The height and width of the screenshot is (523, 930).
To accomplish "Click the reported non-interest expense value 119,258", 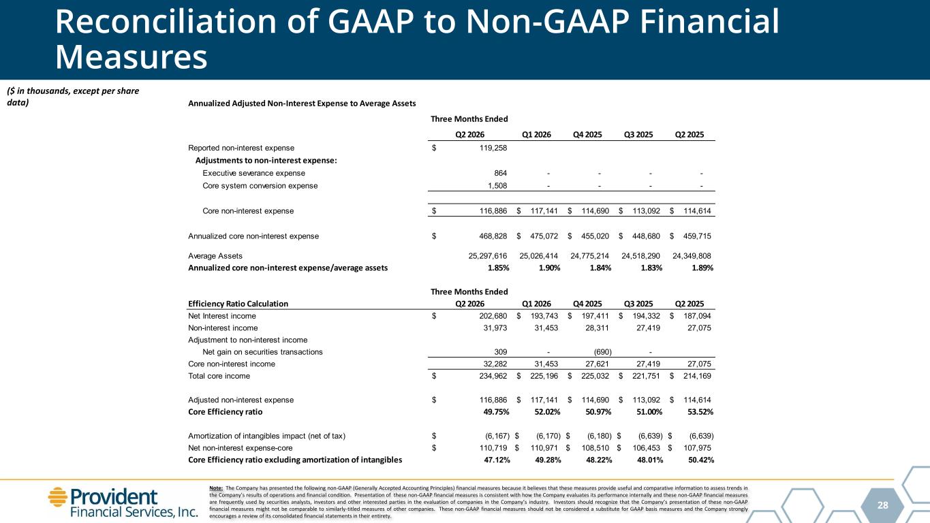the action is pyautogui.click(x=493, y=148).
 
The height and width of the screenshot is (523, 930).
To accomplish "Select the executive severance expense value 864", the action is pyautogui.click(x=500, y=173).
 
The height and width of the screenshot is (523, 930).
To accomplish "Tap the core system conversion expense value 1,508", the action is pyautogui.click(x=497, y=185).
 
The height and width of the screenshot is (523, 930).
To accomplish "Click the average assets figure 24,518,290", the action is pyautogui.click(x=640, y=255).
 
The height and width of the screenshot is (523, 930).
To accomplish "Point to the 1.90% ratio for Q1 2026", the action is pyautogui.click(x=549, y=268).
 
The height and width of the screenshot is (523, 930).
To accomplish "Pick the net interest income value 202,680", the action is pyautogui.click(x=493, y=316).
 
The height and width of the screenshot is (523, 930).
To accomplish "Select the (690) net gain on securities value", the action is pyautogui.click(x=603, y=352).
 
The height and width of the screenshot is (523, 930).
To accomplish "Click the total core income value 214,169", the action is pyautogui.click(x=697, y=376).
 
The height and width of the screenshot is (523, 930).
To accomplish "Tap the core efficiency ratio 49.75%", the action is pyautogui.click(x=498, y=412).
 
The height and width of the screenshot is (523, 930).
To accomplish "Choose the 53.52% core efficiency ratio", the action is pyautogui.click(x=702, y=412).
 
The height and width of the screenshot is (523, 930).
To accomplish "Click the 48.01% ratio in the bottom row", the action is pyautogui.click(x=650, y=460).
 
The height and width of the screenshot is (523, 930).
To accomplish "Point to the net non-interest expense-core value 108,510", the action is pyautogui.click(x=595, y=448).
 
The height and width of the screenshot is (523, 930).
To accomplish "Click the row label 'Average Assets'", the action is pyautogui.click(x=215, y=256).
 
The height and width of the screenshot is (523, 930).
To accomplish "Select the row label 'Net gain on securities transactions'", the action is pyautogui.click(x=262, y=352).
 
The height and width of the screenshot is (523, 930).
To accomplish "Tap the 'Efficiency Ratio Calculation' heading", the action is pyautogui.click(x=238, y=304).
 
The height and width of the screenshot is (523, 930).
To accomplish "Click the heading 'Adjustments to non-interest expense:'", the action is pyautogui.click(x=266, y=160).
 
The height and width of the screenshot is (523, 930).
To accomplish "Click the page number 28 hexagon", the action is pyautogui.click(x=883, y=505).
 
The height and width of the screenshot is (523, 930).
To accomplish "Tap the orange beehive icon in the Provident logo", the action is pyautogui.click(x=58, y=497).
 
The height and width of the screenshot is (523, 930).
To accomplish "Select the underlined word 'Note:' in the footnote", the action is pyautogui.click(x=216, y=488).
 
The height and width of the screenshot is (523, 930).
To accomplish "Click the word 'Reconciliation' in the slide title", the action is pyautogui.click(x=166, y=21).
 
